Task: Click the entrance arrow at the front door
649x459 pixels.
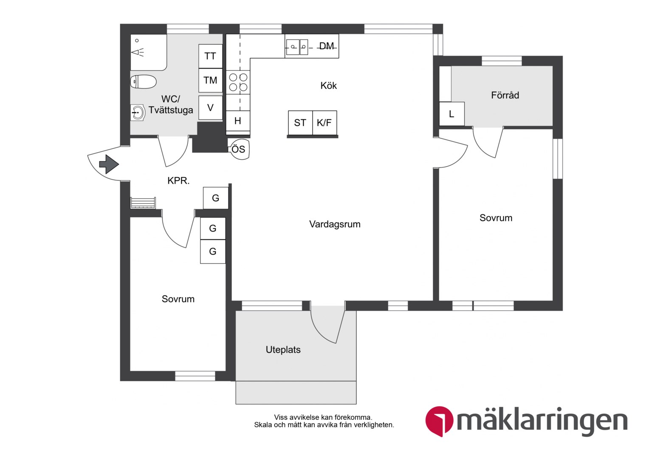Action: click(x=109, y=164)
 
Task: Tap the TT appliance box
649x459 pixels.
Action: click(x=210, y=56)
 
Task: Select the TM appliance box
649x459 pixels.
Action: click(x=210, y=80)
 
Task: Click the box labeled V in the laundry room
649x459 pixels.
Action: click(x=210, y=108)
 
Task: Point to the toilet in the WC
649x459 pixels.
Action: click(x=143, y=82)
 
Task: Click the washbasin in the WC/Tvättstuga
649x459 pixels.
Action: click(x=138, y=112)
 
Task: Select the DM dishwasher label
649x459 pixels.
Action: click(x=327, y=46)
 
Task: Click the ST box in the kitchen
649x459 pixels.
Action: click(x=300, y=123)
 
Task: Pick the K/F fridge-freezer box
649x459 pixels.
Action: click(x=324, y=123)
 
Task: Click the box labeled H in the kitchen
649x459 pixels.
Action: click(x=238, y=121)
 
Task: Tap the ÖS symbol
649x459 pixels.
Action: click(x=239, y=149)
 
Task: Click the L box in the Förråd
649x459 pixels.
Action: click(x=451, y=114)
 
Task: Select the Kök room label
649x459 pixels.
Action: click(x=329, y=85)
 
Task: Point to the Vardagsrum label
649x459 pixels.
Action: click(x=335, y=224)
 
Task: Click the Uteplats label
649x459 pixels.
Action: click(x=283, y=350)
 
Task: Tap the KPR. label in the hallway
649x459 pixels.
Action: click(x=178, y=181)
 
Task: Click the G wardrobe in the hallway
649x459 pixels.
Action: click(x=216, y=198)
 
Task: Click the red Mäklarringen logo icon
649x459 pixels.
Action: click(x=439, y=421)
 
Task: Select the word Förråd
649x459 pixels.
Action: click(x=505, y=95)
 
